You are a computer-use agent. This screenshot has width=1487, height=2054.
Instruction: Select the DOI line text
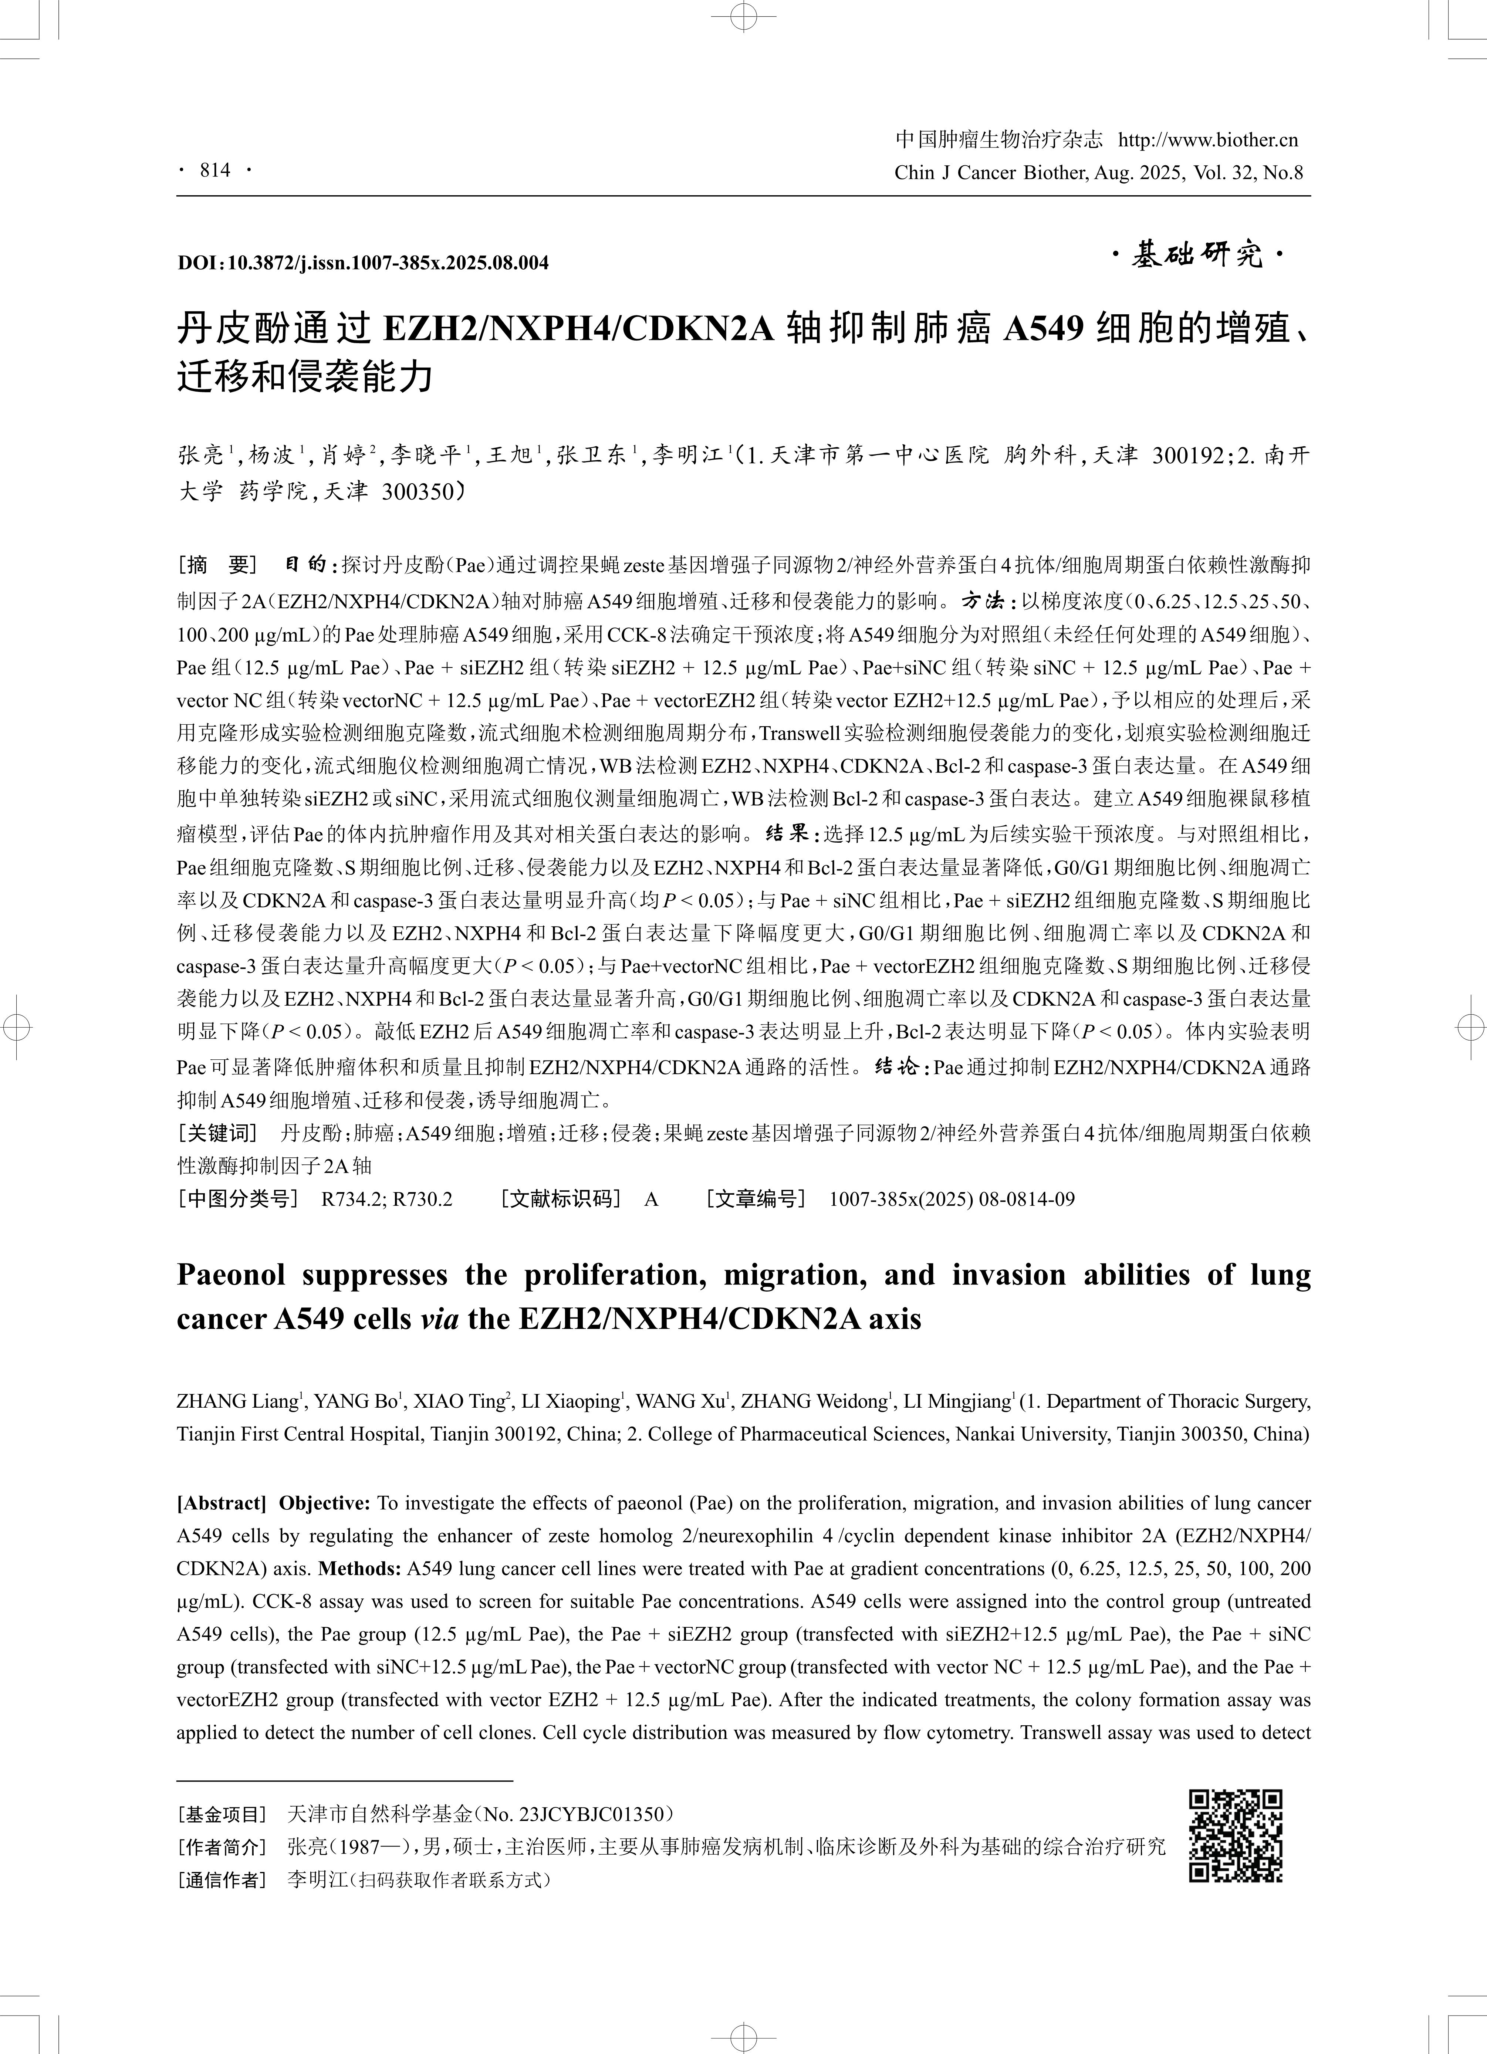(x=362, y=263)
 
